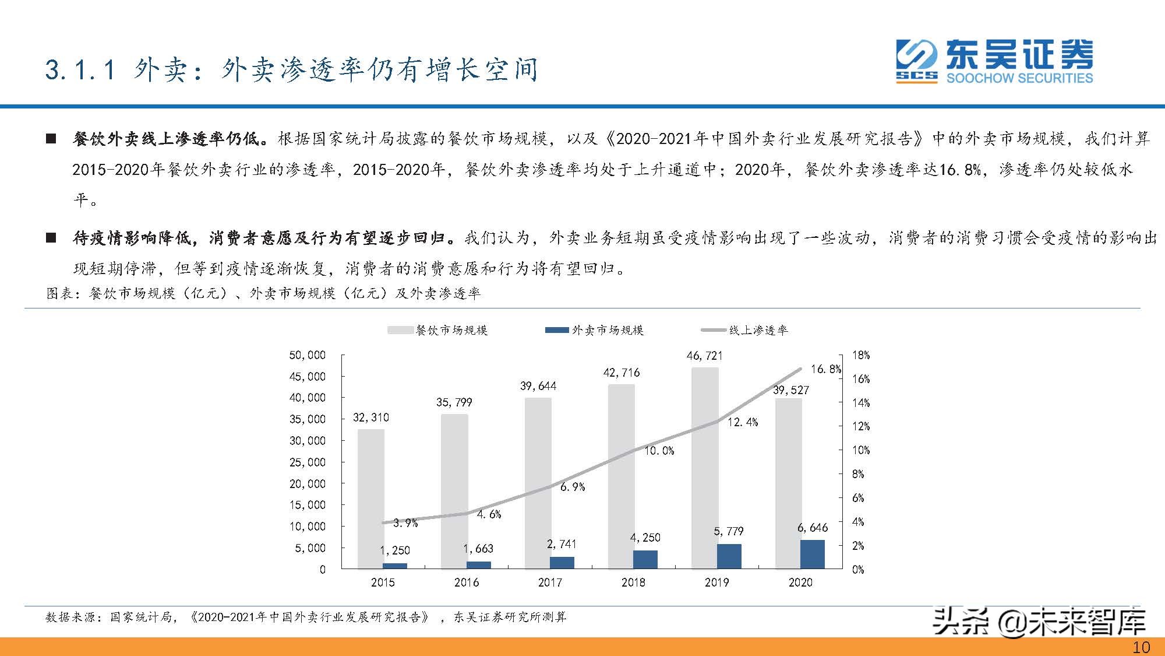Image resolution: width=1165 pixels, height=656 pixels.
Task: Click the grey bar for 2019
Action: coord(705,466)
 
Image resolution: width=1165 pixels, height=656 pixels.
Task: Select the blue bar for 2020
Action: coord(812,554)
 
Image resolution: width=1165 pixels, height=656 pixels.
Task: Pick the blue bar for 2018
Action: coord(645,559)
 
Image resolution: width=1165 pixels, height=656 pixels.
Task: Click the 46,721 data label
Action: coord(704,355)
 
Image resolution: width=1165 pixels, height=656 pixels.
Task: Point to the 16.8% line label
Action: coord(825,369)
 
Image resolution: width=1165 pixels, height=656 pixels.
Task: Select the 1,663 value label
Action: coord(478,549)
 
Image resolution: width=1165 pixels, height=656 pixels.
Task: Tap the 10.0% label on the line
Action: coord(659,451)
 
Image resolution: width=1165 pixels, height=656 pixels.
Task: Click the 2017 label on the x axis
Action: coord(550,583)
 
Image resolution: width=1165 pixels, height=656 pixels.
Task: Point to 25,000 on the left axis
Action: coord(308,462)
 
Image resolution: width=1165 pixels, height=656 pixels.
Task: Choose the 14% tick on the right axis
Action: coord(860,403)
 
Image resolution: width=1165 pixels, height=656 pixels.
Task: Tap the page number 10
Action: coord(1141,647)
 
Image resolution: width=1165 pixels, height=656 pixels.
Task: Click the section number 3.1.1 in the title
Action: coord(81,70)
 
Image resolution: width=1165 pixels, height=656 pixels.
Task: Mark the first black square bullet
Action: coord(51,139)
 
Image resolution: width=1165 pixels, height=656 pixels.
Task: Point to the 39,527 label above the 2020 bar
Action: coord(790,390)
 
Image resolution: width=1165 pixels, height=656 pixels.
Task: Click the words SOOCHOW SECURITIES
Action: coord(1019,78)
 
